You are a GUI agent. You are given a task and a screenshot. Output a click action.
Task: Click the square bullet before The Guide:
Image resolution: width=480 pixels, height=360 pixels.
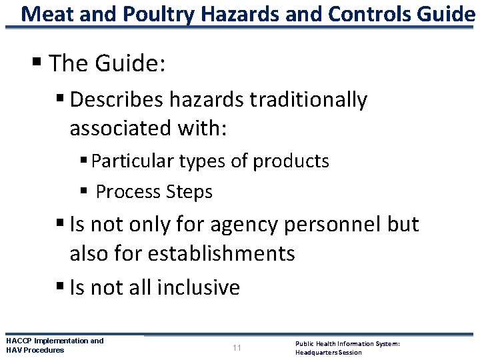pyautogui.click(x=39, y=65)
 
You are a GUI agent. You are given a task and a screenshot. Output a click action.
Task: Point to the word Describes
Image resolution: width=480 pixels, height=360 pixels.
pyautogui.click(x=116, y=99)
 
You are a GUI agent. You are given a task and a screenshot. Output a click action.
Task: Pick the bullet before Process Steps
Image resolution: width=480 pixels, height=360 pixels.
pyautogui.click(x=83, y=192)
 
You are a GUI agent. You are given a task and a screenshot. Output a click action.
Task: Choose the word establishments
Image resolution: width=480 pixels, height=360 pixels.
pyautogui.click(x=221, y=253)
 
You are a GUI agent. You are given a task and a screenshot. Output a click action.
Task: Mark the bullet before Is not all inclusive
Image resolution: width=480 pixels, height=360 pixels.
pyautogui.click(x=61, y=287)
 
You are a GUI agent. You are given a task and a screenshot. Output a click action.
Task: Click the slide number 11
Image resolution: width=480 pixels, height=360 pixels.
pyautogui.click(x=237, y=347)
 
